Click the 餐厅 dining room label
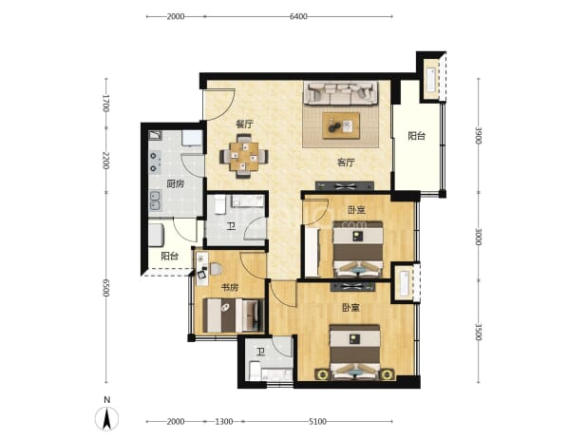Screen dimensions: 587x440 (244, 124)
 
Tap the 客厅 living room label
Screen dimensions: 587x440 (346, 163)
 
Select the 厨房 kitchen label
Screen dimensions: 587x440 (176, 183)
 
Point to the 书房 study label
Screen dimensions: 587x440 (230, 288)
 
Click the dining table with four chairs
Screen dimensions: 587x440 (244, 156)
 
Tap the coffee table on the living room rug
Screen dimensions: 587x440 (341, 125)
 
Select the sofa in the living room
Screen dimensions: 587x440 (340, 93)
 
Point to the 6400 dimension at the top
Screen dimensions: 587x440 (298, 16)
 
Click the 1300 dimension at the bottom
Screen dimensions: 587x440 (224, 422)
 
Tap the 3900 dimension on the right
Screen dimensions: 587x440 (478, 135)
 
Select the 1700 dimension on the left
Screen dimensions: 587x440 (106, 103)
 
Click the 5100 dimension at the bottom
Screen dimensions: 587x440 (317, 422)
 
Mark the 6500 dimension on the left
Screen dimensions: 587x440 (106, 288)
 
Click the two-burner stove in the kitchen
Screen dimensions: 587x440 (155, 163)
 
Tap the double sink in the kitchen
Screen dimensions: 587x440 (155, 201)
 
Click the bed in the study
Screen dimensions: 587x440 (233, 316)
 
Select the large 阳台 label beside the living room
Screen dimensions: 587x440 (417, 136)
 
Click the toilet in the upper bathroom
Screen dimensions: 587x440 (219, 204)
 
